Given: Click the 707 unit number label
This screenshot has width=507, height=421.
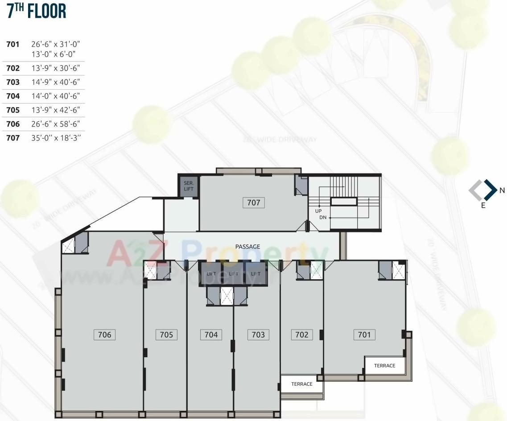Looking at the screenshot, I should [x=254, y=202].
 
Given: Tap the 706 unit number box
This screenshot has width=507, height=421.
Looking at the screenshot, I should [x=104, y=334].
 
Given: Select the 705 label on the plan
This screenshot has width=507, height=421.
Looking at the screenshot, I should [x=166, y=334].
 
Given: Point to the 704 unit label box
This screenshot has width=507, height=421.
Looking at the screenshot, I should [x=211, y=334].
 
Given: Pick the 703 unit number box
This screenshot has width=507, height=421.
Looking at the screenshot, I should [x=258, y=334].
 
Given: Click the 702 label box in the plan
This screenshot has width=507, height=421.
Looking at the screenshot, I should [x=302, y=334].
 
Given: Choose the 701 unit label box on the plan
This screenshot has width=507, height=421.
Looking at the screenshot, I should [x=364, y=334].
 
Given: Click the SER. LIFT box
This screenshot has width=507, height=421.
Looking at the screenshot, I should [x=188, y=186].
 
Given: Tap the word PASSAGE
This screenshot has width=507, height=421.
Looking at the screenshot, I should [x=248, y=247].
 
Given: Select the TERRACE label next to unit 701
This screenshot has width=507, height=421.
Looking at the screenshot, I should [x=384, y=366].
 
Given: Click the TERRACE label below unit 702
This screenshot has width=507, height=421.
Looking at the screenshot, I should [x=302, y=384].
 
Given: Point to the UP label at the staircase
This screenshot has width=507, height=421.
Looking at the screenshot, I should [x=318, y=211].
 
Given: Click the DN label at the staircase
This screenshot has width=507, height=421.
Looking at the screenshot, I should [x=323, y=218].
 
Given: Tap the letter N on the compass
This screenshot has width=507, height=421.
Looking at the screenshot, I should [x=502, y=190].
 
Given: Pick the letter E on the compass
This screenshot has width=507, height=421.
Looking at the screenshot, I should [x=483, y=206].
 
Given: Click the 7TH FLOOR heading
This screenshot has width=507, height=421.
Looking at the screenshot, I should [x=37, y=11].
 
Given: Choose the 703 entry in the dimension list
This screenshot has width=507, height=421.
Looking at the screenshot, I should [x=13, y=82].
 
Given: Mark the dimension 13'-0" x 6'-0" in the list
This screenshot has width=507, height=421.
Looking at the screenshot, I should [x=54, y=54].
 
